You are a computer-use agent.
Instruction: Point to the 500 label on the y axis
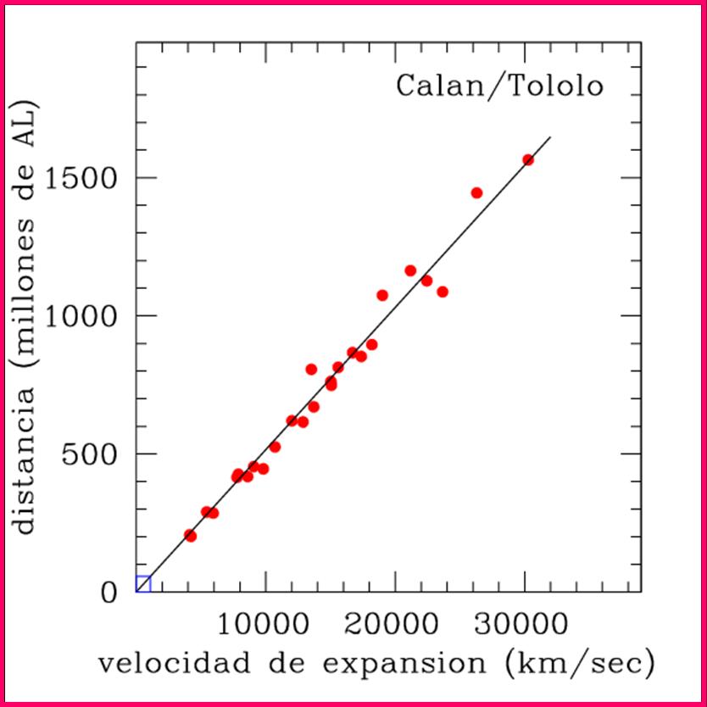tap(95, 454)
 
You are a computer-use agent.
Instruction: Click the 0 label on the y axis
tap(110, 591)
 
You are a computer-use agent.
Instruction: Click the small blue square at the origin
tap(143, 583)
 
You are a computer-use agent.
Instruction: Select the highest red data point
tap(528, 159)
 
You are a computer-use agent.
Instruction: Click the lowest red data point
tap(191, 536)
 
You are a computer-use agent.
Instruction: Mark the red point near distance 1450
tap(476, 192)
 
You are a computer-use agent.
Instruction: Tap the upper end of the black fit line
tap(550, 136)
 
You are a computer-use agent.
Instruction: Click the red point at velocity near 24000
tap(443, 292)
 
